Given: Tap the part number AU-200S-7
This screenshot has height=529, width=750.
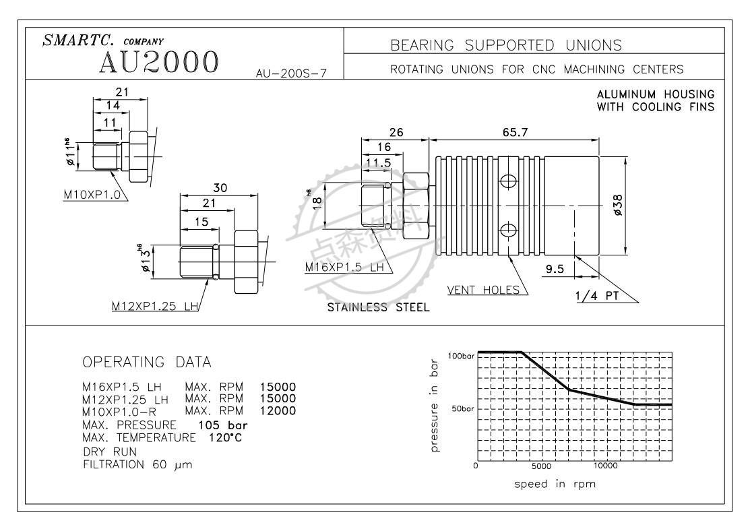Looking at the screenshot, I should [x=292, y=73].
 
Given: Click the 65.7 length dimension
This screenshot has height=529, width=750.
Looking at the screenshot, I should [x=515, y=133].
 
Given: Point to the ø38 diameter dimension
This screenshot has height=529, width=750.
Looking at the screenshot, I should [x=619, y=206].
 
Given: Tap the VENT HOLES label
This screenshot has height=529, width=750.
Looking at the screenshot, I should [x=484, y=290].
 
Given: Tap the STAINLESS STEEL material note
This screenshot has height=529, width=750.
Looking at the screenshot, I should [x=378, y=308].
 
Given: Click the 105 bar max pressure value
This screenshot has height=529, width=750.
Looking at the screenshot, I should [x=223, y=425].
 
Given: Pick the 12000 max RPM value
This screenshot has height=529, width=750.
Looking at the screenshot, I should [x=278, y=411].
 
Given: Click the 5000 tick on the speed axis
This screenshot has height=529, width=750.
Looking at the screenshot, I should [x=541, y=466].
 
